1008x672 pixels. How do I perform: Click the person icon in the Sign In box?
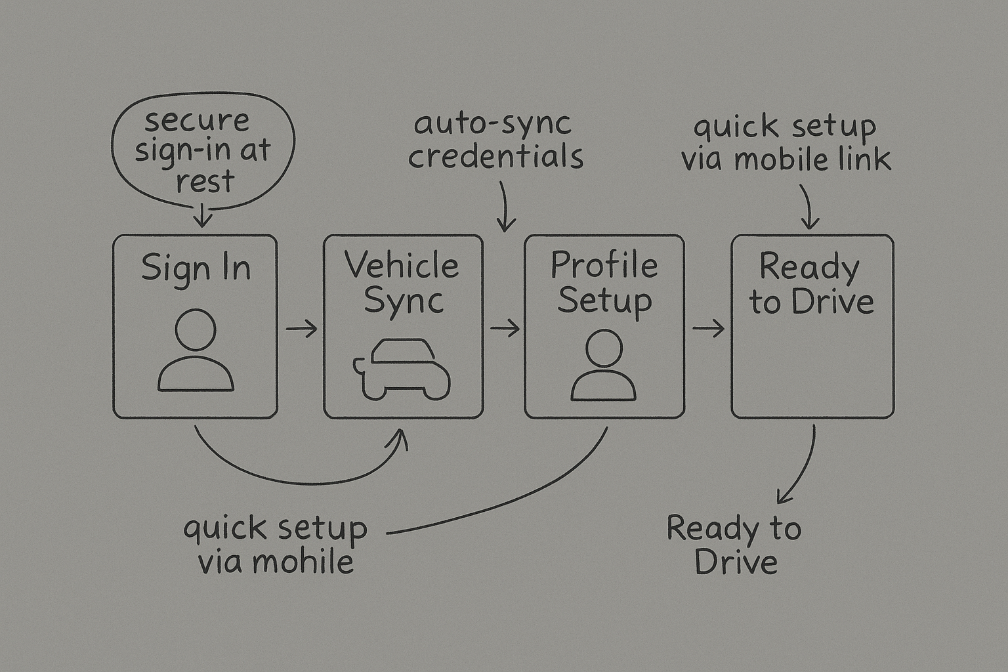[196, 351]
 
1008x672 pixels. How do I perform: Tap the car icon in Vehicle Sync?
[402, 369]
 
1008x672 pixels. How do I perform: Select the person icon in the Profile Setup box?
[603, 366]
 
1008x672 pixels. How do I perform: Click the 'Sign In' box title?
[196, 268]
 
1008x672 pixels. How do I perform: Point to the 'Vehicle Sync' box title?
[402, 283]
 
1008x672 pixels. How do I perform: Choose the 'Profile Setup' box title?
[604, 283]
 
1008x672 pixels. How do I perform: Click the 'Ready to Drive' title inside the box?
[811, 283]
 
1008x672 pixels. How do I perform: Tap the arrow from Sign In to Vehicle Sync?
[301, 328]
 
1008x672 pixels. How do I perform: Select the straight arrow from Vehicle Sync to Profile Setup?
[504, 328]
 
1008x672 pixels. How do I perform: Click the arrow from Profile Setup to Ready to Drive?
[708, 328]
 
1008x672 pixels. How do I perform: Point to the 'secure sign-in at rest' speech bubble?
[203, 151]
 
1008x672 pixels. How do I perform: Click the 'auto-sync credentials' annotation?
[495, 140]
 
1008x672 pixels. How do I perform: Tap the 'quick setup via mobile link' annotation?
[786, 143]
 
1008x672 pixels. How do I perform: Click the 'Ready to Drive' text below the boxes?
[734, 545]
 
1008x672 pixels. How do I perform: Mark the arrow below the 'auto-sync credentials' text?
[504, 207]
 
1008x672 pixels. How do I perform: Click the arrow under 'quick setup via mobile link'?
[808, 207]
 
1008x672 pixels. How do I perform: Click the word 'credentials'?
[495, 157]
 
